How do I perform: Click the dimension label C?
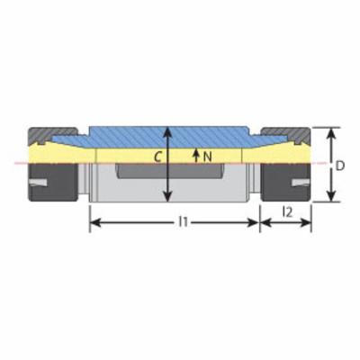(157, 157)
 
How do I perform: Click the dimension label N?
(207, 156)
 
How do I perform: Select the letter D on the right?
(339, 166)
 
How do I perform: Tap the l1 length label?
(183, 222)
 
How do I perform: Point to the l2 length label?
(287, 212)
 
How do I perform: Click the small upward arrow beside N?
(196, 155)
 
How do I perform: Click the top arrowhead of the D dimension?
(330, 133)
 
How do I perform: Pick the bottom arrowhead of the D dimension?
(330, 196)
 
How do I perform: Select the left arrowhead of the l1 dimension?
(95, 222)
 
